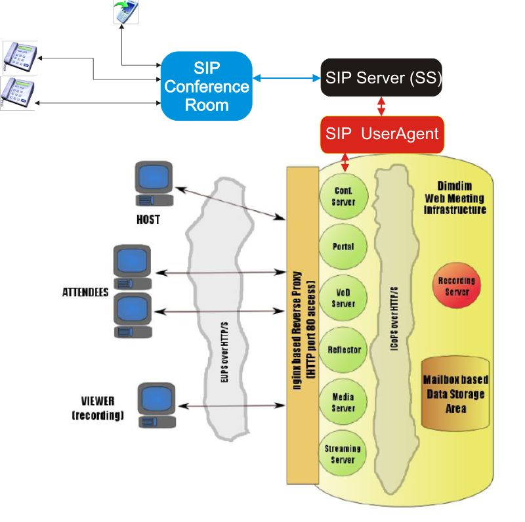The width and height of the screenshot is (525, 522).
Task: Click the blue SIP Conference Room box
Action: pos(206,86)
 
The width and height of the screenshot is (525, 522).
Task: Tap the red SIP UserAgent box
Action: pos(381,134)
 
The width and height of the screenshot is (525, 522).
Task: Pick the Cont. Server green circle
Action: pos(344,196)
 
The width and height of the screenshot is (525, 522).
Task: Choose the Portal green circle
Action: pos(344,247)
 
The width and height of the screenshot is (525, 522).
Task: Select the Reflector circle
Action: pos(344,350)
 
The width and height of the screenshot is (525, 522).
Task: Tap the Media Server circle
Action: pos(344,402)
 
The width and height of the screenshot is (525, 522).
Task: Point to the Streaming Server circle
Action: pos(343,454)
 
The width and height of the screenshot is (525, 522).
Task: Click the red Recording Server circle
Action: pos(457,286)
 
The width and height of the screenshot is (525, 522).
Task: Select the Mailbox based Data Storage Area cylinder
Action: pos(455,394)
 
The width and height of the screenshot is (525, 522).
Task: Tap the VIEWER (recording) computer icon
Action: pos(157,407)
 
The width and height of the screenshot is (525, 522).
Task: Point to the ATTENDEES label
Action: pos(85,292)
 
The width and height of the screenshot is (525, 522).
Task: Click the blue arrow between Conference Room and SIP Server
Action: pos(286,78)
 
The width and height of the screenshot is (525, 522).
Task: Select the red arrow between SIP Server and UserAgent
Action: pos(381,106)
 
